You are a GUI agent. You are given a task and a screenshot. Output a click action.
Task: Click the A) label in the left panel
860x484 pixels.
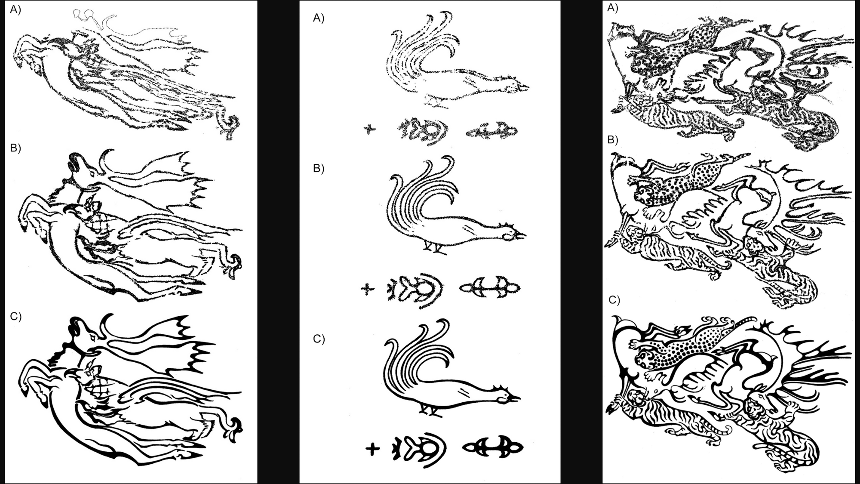pos(15,9)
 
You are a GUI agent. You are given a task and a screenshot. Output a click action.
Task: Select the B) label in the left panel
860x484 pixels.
pos(15,148)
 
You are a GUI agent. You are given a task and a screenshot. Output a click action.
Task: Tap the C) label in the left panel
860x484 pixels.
pos(15,316)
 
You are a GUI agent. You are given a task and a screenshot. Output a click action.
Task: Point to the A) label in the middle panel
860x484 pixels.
pos(319,18)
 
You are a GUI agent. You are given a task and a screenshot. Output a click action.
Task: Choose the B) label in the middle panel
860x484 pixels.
pos(319,169)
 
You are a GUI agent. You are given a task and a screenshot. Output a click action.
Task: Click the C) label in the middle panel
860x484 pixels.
pos(319,339)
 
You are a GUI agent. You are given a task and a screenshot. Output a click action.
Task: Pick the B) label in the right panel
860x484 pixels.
pos(613,140)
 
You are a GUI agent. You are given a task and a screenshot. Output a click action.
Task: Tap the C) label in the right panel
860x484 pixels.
pos(614,300)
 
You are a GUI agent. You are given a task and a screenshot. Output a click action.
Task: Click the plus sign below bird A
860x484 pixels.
pos(369,129)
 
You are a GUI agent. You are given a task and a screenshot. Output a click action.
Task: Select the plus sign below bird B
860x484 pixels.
pos(367,289)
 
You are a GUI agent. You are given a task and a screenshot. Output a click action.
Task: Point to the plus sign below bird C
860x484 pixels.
pos(372,449)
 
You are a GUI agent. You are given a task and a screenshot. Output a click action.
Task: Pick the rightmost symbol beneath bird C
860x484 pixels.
pos(492,448)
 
